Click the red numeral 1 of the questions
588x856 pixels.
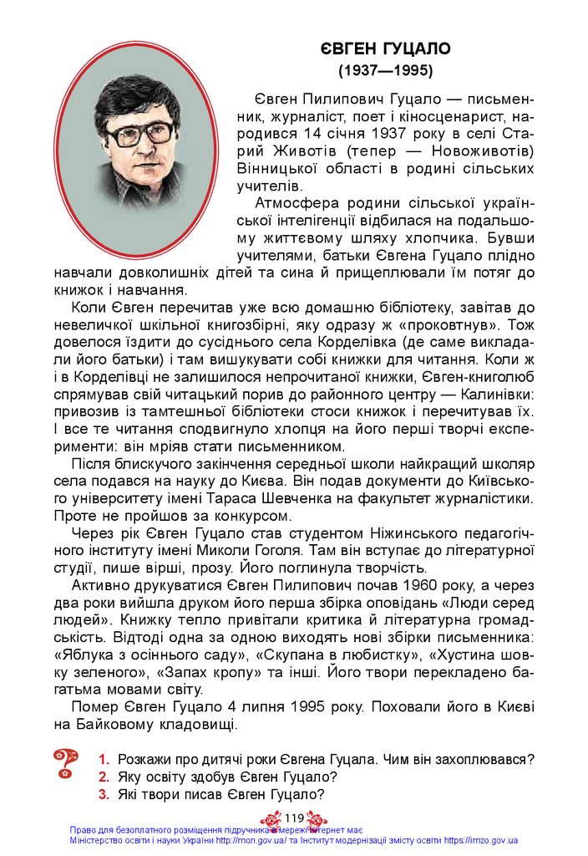point(104,760)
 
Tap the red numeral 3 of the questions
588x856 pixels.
point(104,795)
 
